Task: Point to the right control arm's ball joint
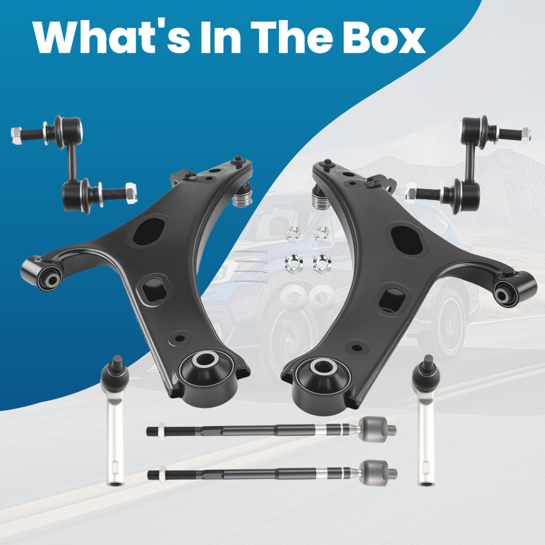coord(320,196)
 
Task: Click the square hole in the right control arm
coord(392,299)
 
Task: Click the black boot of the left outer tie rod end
coord(115,375)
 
